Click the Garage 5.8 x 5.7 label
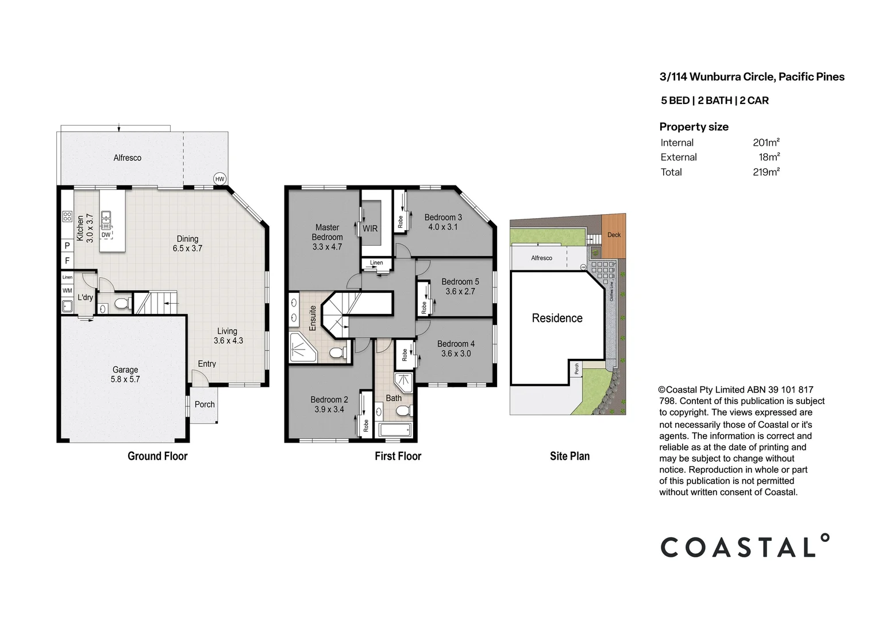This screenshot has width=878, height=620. click(x=125, y=374)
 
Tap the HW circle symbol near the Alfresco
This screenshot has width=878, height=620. click(x=219, y=179)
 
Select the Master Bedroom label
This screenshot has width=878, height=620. click(x=327, y=232)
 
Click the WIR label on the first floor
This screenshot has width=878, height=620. click(x=370, y=228)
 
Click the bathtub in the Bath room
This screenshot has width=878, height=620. click(x=394, y=429)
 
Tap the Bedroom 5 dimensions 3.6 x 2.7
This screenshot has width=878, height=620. click(x=460, y=292)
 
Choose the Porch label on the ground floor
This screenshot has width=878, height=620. click(x=205, y=404)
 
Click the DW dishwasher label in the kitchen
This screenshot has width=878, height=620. click(x=106, y=235)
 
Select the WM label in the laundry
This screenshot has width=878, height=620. click(x=67, y=290)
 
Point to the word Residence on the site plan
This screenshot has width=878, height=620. click(x=557, y=318)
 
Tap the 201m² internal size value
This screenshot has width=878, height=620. click(x=766, y=143)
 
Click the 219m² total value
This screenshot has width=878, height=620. click(x=766, y=172)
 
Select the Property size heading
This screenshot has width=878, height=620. click(x=694, y=127)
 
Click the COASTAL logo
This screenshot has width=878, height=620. click(x=745, y=546)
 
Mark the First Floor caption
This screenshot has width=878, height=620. click(x=398, y=456)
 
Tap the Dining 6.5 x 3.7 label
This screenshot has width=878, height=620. click(x=187, y=243)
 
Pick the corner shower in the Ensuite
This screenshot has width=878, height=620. click(x=302, y=348)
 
